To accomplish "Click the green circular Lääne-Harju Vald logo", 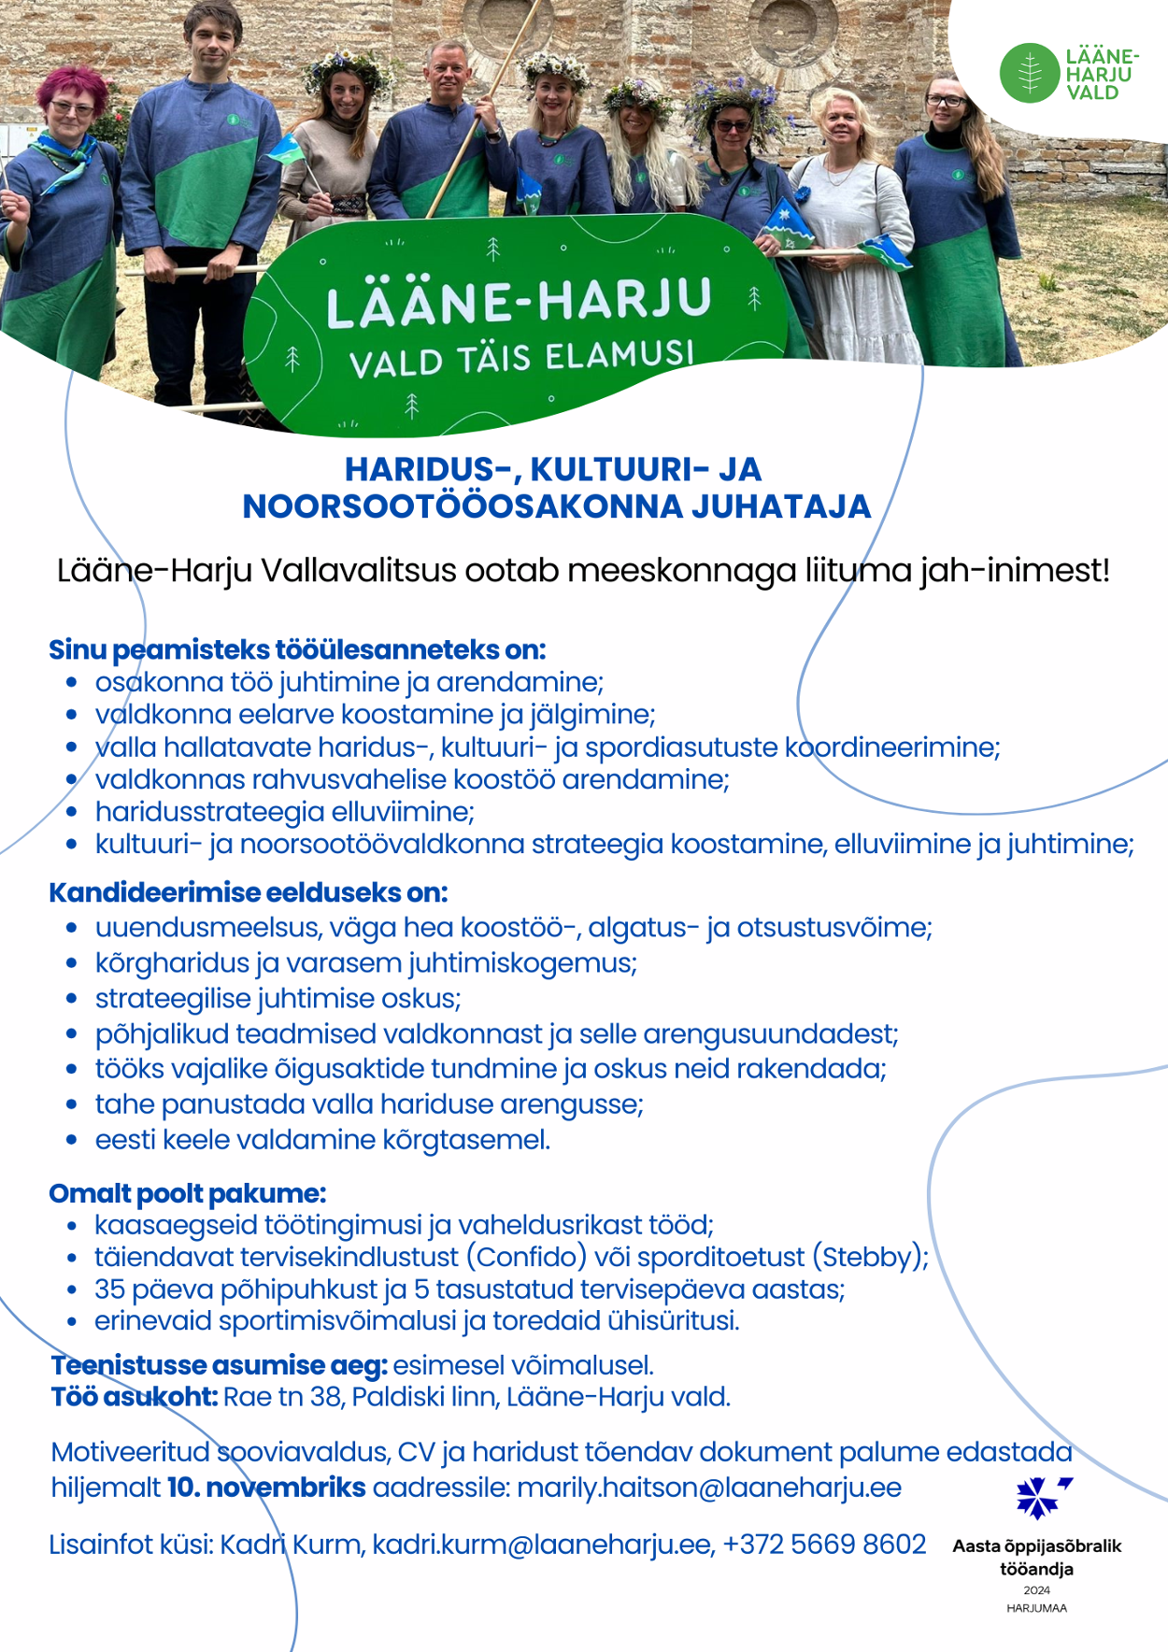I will pos(1030,73).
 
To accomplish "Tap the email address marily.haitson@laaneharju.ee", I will pos(709,1488).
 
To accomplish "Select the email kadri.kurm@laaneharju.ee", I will pos(542,1545).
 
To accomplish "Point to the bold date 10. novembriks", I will pos(266,1488).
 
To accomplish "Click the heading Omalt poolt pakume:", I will pos(187,1193).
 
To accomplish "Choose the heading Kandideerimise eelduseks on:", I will pos(248,892).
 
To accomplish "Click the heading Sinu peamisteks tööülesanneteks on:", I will pos(296,649).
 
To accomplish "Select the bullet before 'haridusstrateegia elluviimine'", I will pos(72,813).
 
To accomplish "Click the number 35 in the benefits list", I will pos(109,1289).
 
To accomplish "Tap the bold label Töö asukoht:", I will pos(135,1397).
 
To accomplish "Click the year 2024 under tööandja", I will pos(1036,1590).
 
